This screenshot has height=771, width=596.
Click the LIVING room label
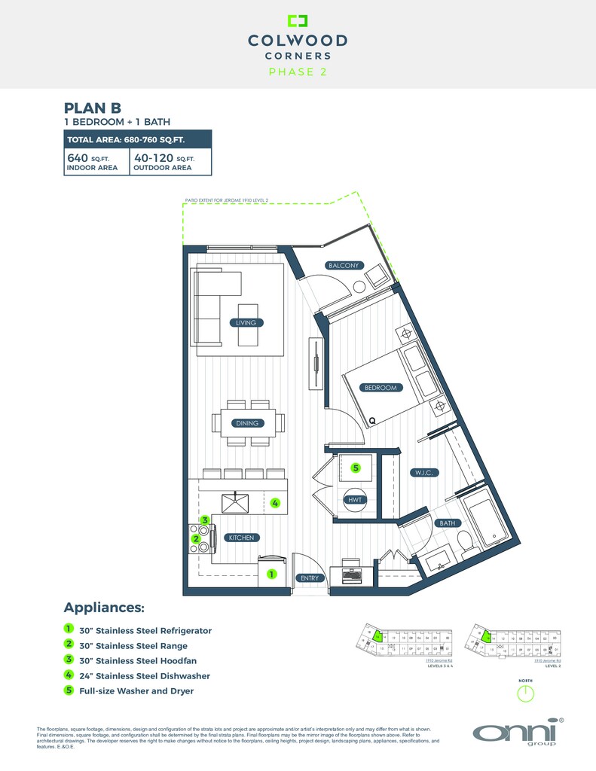[246, 323]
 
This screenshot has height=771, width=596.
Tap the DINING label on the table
[247, 423]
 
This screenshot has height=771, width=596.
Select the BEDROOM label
[380, 388]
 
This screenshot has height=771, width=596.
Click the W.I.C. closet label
[425, 473]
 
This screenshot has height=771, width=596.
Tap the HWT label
[354, 500]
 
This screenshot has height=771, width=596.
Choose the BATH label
[447, 523]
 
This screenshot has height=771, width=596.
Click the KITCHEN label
[244, 538]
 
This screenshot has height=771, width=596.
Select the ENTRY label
[310, 578]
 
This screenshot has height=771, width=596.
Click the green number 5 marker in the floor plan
[356, 468]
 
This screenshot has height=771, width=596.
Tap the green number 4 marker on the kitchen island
[276, 503]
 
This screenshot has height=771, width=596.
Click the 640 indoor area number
[78, 158]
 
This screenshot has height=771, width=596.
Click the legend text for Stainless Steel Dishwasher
[145, 676]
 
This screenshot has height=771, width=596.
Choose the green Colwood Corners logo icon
[298, 20]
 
